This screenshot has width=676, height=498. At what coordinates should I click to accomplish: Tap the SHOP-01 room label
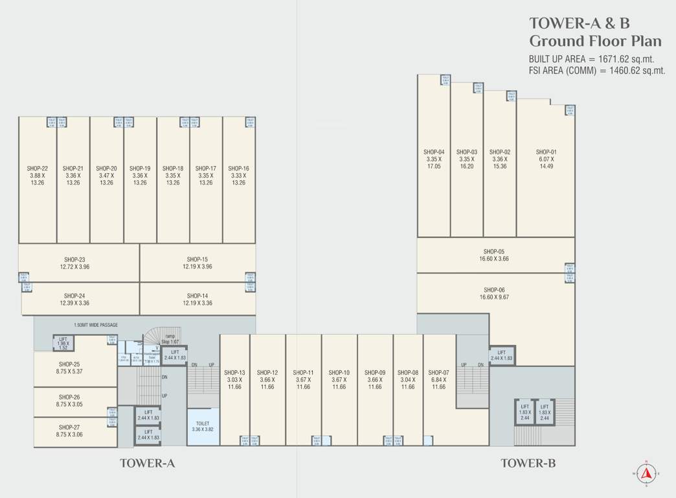point(546,152)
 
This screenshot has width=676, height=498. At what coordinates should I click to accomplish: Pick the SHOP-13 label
point(234,372)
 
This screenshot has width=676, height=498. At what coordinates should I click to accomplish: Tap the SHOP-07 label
point(438,372)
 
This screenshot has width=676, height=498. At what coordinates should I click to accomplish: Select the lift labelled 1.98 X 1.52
point(63,342)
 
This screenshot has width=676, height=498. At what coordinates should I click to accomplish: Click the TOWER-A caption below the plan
point(148,464)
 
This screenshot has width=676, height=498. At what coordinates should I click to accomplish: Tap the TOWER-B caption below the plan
point(528,464)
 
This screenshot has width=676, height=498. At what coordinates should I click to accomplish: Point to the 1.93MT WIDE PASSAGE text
point(96,325)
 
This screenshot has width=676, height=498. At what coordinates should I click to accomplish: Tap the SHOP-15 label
point(197,259)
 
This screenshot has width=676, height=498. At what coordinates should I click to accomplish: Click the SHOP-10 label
point(339,372)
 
